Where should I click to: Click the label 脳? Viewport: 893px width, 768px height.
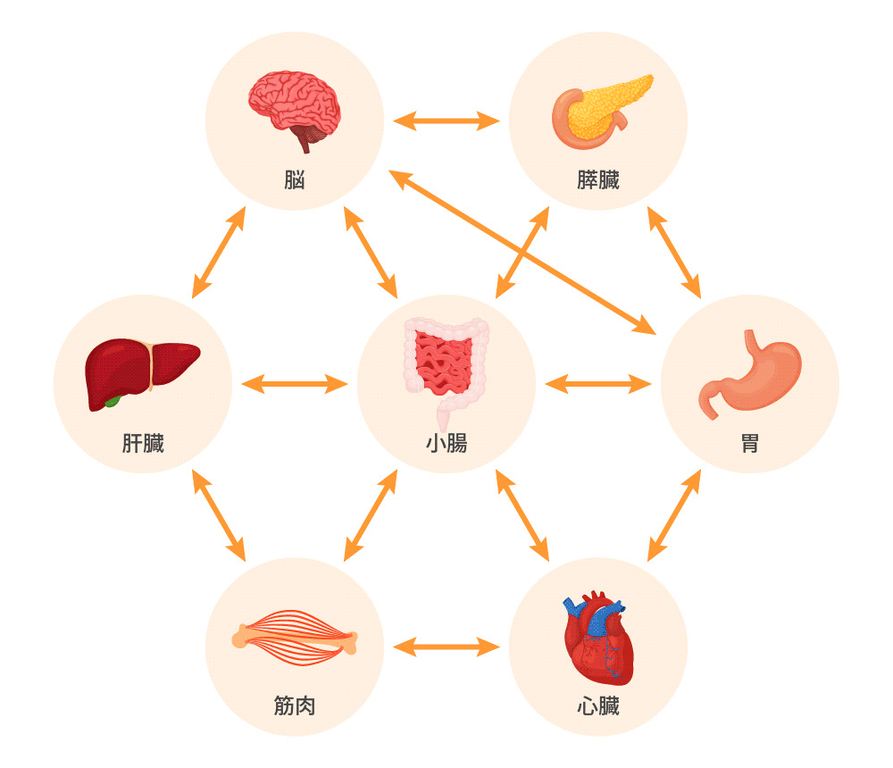pyautogui.click(x=295, y=179)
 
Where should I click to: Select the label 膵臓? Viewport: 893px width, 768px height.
pyautogui.click(x=597, y=179)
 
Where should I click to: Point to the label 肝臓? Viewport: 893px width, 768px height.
pyautogui.click(x=143, y=443)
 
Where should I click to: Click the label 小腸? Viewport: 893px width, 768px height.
pyautogui.click(x=446, y=443)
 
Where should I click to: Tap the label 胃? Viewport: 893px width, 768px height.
pyautogui.click(x=750, y=443)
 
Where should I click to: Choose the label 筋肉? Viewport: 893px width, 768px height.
pyautogui.click(x=295, y=706)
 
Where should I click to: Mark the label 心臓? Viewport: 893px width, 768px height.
pyautogui.click(x=597, y=706)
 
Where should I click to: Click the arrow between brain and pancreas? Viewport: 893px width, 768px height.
pyautogui.click(x=446, y=120)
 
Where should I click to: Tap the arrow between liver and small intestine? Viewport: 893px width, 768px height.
pyautogui.click(x=295, y=384)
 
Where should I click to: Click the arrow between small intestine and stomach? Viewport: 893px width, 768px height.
pyautogui.click(x=598, y=384)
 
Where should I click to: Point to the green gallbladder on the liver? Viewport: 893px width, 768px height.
pyautogui.click(x=112, y=402)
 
